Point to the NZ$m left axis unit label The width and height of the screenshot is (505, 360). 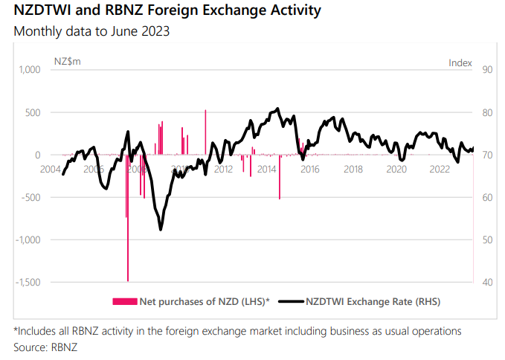tap(68, 62)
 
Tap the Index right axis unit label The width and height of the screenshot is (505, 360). tap(460, 62)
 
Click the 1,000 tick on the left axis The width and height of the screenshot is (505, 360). tap(27, 70)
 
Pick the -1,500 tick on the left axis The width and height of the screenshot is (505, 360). tap(25, 283)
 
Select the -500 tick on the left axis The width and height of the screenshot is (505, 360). tap(28, 198)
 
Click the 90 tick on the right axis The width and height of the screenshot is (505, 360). tap(488, 70)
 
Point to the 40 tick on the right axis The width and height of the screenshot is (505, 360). tap(488, 283)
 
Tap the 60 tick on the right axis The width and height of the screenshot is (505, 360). tap(488, 198)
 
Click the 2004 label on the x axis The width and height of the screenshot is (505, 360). tap(51, 169)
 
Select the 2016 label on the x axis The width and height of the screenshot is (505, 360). tap(309, 169)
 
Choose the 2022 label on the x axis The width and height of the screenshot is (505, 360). tap(440, 169)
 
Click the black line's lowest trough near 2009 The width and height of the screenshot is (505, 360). tap(161, 229)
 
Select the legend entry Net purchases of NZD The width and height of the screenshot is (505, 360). tap(191, 301)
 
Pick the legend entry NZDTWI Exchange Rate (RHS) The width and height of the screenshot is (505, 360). tap(364, 301)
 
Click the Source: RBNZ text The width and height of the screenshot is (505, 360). tap(45, 347)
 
